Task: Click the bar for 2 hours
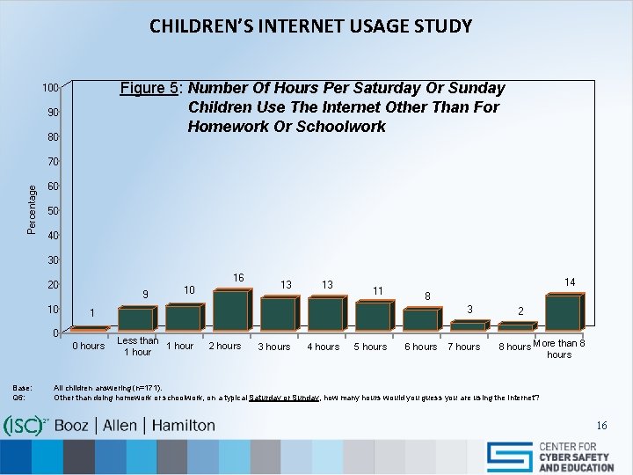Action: click(x=229, y=311)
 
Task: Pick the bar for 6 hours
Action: click(x=419, y=319)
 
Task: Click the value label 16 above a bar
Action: click(x=238, y=278)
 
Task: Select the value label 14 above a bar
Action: click(x=569, y=282)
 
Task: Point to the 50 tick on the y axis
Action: click(x=53, y=211)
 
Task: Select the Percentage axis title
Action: click(x=32, y=208)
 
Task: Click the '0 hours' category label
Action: click(x=88, y=347)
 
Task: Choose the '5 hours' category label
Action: click(x=370, y=347)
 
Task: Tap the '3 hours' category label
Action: click(x=273, y=347)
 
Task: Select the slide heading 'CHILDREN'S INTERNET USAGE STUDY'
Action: click(x=310, y=26)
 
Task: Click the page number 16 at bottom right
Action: click(x=601, y=426)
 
